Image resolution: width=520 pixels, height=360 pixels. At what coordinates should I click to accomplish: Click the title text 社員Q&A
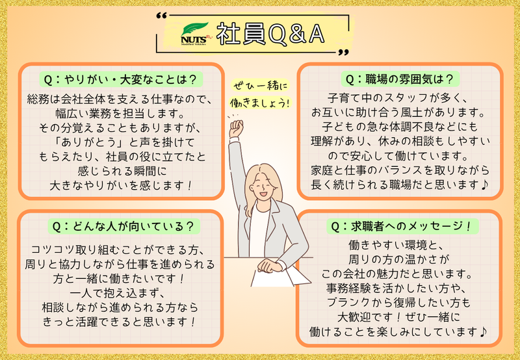(270, 34)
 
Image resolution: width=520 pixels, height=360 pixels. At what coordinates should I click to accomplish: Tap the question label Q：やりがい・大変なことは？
(121, 80)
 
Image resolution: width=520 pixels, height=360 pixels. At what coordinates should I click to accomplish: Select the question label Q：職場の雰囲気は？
(400, 79)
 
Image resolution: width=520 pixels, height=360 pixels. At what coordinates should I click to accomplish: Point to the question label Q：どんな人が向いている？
(123, 227)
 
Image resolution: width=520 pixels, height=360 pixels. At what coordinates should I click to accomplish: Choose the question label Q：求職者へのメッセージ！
(402, 227)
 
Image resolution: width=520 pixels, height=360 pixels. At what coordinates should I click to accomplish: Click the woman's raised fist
(236, 128)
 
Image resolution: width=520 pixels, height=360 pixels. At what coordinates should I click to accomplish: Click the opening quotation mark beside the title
(161, 16)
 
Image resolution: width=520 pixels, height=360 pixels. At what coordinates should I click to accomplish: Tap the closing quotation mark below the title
(344, 53)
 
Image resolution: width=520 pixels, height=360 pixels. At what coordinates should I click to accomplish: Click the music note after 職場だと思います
(484, 185)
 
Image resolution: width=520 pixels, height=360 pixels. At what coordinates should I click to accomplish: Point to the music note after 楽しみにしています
(483, 332)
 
